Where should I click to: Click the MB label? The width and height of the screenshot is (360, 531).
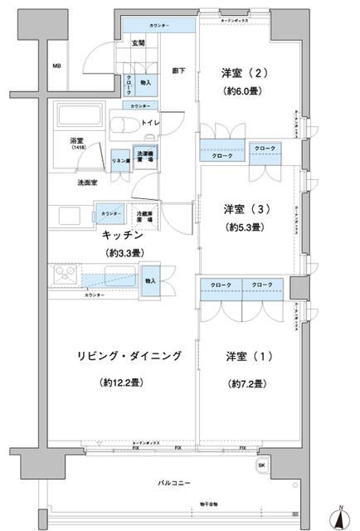click(x=56, y=66)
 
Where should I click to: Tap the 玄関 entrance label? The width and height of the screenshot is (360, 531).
click(x=137, y=43)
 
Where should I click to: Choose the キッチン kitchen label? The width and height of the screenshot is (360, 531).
click(x=127, y=235)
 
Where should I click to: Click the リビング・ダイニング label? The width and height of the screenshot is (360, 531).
click(x=129, y=356)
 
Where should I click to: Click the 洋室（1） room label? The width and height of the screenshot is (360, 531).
click(x=241, y=356)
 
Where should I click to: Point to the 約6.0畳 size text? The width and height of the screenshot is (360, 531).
click(x=243, y=92)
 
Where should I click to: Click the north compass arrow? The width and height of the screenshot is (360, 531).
click(x=341, y=516)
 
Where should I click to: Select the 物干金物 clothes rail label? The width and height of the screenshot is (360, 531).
click(x=185, y=504)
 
